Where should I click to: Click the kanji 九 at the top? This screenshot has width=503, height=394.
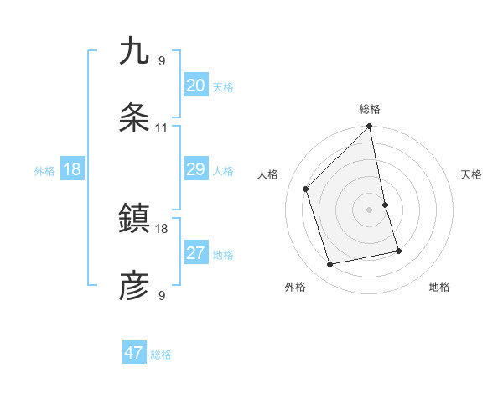(134, 51)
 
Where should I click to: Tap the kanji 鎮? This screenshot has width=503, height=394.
(134, 220)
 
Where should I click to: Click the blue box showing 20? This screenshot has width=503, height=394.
(195, 86)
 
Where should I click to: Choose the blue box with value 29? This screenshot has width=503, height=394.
(195, 170)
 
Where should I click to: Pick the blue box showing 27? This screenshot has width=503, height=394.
(195, 253)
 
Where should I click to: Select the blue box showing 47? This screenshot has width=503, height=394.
(134, 353)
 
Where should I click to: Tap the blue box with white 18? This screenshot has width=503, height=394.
(72, 170)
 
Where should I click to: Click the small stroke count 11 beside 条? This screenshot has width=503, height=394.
(162, 128)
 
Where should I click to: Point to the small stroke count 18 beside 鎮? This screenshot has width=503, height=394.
(162, 228)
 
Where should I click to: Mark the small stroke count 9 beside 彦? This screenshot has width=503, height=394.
(162, 296)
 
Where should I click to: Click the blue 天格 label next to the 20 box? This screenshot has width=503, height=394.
(223, 87)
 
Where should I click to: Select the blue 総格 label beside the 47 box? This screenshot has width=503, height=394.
(161, 355)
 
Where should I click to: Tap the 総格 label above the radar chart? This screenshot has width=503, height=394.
(370, 109)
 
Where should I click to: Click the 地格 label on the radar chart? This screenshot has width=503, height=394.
(439, 287)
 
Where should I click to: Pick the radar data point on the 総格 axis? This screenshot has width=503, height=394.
(370, 127)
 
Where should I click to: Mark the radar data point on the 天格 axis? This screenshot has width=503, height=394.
(385, 205)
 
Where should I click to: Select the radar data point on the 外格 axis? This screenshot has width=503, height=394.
(330, 265)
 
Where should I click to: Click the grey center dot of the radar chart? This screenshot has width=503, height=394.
(370, 209)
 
